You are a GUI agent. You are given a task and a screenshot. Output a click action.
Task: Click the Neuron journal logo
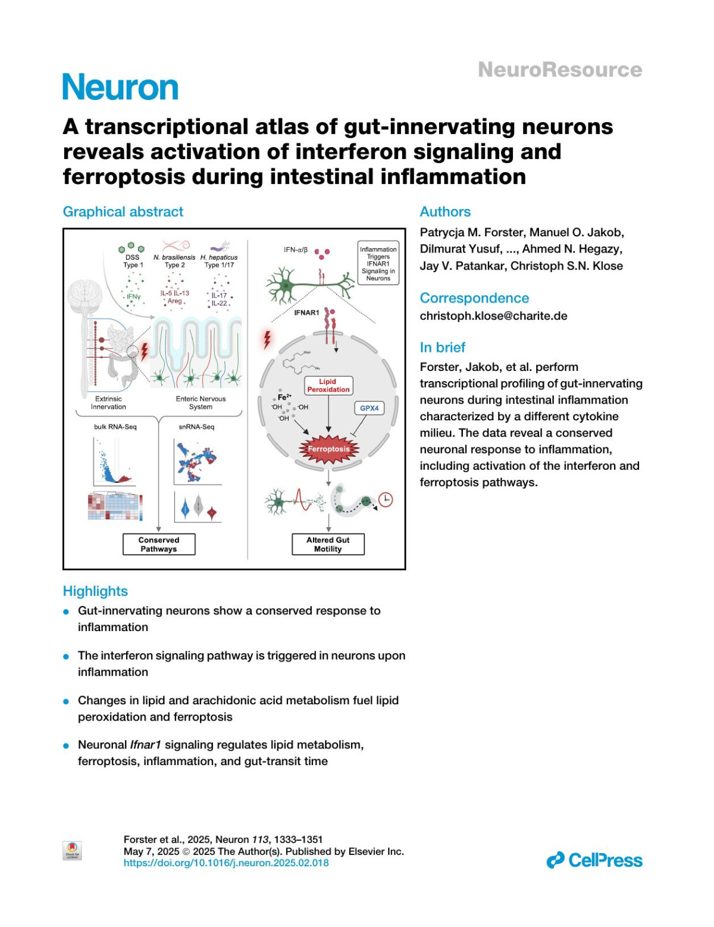click(x=120, y=88)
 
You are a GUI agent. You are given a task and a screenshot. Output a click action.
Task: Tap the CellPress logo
click(x=594, y=860)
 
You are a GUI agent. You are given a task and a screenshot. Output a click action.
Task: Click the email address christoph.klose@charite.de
click(x=493, y=316)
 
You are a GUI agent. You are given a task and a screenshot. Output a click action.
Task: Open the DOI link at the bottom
click(x=226, y=863)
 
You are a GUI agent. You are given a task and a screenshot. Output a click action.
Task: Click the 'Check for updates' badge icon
click(x=73, y=850)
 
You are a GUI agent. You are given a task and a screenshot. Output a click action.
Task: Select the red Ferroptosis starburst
click(x=328, y=450)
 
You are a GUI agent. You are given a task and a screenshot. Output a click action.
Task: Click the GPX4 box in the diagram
click(x=369, y=408)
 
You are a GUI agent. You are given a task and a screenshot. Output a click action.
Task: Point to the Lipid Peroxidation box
click(x=328, y=386)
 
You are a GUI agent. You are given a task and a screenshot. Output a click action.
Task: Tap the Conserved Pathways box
click(x=159, y=544)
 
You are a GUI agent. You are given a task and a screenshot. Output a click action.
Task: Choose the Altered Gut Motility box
click(x=328, y=544)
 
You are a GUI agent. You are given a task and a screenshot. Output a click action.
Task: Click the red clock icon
click(x=386, y=500)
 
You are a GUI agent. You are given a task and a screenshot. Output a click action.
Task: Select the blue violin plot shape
click(x=185, y=509)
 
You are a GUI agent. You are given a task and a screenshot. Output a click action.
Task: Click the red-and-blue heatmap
click(x=115, y=507)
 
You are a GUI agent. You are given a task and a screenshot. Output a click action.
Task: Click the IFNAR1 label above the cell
click(x=306, y=313)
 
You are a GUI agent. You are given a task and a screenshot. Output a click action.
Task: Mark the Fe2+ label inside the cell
click(x=284, y=397)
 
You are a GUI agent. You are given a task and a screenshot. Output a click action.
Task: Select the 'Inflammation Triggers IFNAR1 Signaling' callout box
click(x=378, y=264)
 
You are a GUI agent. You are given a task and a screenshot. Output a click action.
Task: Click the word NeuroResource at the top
click(x=560, y=70)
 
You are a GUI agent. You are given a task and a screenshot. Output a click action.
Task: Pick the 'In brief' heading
click(x=442, y=348)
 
